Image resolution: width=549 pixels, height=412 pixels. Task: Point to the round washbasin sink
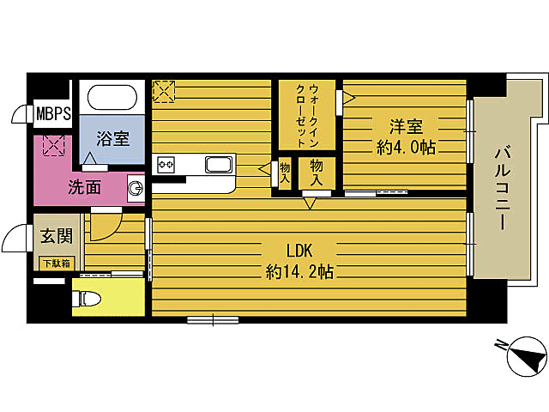click(x=136, y=188)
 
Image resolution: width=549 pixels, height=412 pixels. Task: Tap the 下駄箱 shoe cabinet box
click(x=55, y=263)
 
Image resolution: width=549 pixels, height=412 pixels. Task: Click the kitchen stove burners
click(x=165, y=163)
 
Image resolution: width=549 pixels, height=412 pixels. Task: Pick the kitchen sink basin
click(x=218, y=164)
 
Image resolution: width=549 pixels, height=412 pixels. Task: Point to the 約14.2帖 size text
click(x=299, y=272)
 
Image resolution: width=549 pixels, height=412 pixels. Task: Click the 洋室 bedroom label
click(x=406, y=125)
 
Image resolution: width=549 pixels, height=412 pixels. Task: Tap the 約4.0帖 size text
click(x=406, y=147)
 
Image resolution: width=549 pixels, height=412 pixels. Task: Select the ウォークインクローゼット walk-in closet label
click(x=307, y=116)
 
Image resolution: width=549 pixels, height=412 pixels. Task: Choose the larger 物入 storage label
click(x=316, y=171)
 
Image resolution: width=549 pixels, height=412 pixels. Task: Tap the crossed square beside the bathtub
click(x=164, y=91)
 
